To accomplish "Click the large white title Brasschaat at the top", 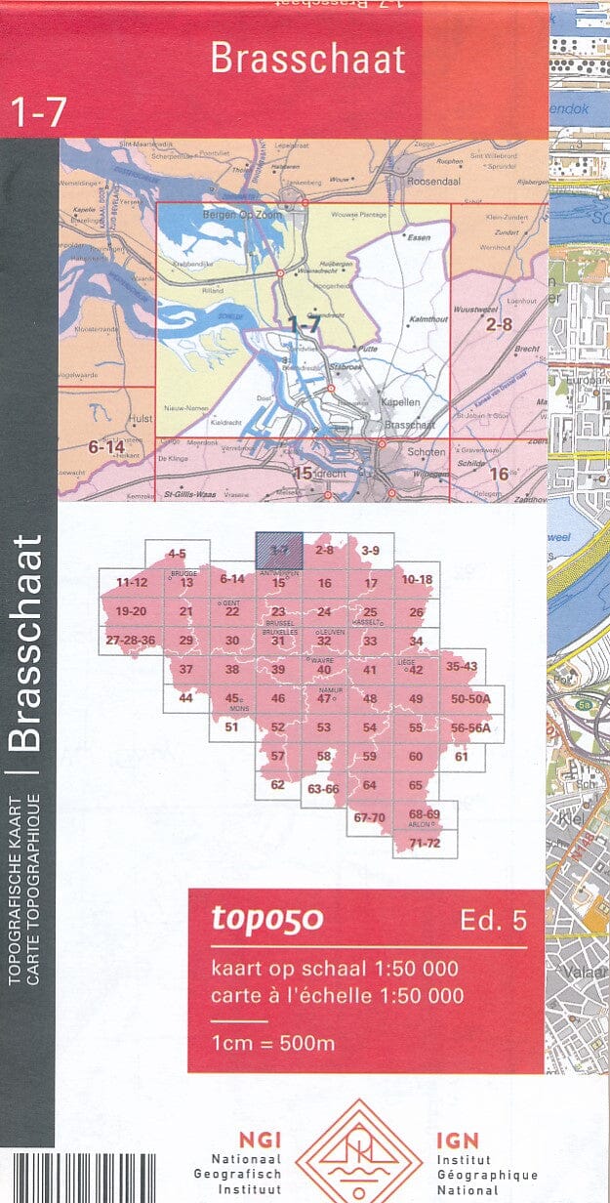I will [307, 60].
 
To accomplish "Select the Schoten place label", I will [426, 452].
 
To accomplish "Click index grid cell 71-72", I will [425, 843].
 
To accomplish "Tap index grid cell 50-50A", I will [471, 699].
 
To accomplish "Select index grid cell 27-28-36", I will [131, 641].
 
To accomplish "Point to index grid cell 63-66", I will [323, 789].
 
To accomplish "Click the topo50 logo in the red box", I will [266, 919].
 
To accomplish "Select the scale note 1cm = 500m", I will [273, 1043].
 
